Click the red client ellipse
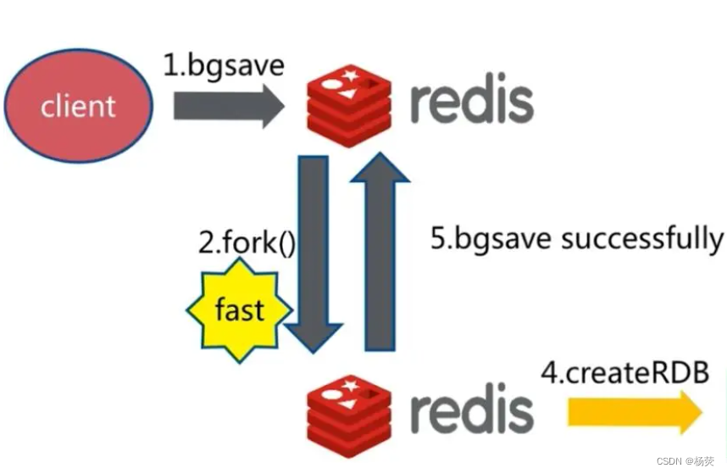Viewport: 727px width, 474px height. tap(78, 106)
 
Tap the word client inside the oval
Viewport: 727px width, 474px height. tap(78, 107)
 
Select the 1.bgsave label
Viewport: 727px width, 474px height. tap(225, 65)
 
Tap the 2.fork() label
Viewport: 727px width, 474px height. tap(247, 243)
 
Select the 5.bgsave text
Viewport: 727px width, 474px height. tap(491, 239)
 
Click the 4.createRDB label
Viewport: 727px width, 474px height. tap(624, 373)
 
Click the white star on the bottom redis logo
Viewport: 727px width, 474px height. tap(351, 388)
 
